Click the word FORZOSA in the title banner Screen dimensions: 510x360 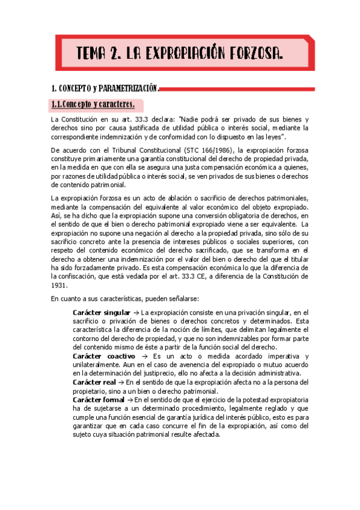(x=254, y=55)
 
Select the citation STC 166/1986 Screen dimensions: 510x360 (x=214, y=150)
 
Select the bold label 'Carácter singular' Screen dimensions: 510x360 (x=96, y=313)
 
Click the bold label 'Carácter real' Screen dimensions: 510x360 (x=91, y=382)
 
